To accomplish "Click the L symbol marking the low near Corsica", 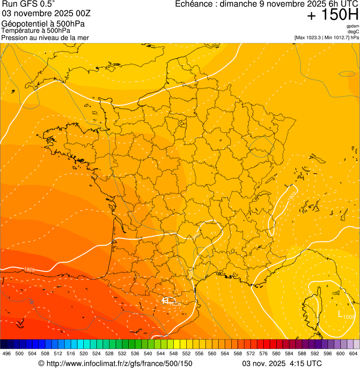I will [x=340, y=313].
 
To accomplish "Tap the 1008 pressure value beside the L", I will [x=349, y=317].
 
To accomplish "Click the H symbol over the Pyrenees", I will [x=165, y=300].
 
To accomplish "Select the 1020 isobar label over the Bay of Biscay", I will [x=29, y=269].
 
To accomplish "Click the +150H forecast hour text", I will [x=332, y=15].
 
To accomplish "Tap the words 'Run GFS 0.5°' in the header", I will [x=28, y=5].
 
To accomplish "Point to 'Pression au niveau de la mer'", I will [x=45, y=37].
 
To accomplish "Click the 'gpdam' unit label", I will [x=353, y=26].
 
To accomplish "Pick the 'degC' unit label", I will [x=354, y=32].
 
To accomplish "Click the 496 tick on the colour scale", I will [x=7, y=353].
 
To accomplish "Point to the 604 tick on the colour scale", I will [x=353, y=353].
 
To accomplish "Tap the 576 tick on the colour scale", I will [x=264, y=353].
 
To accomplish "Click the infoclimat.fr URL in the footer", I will [x=115, y=363].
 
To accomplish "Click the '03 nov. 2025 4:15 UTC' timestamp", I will [x=282, y=363].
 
